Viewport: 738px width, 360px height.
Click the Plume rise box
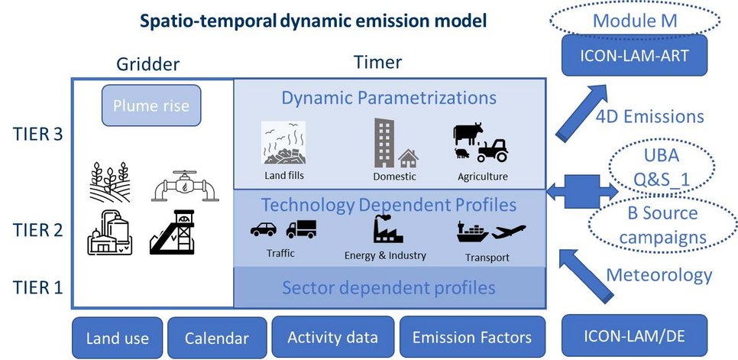[151, 105]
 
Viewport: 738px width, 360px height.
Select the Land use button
[117, 338]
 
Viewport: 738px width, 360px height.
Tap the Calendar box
[217, 338]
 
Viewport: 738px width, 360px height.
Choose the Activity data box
[332, 337]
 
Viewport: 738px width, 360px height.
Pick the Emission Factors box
[471, 337]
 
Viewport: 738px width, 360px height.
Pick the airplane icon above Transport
[508, 230]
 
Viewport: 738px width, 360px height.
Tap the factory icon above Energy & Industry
[387, 229]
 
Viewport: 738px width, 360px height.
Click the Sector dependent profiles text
[389, 288]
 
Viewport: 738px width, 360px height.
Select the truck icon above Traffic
[301, 229]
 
